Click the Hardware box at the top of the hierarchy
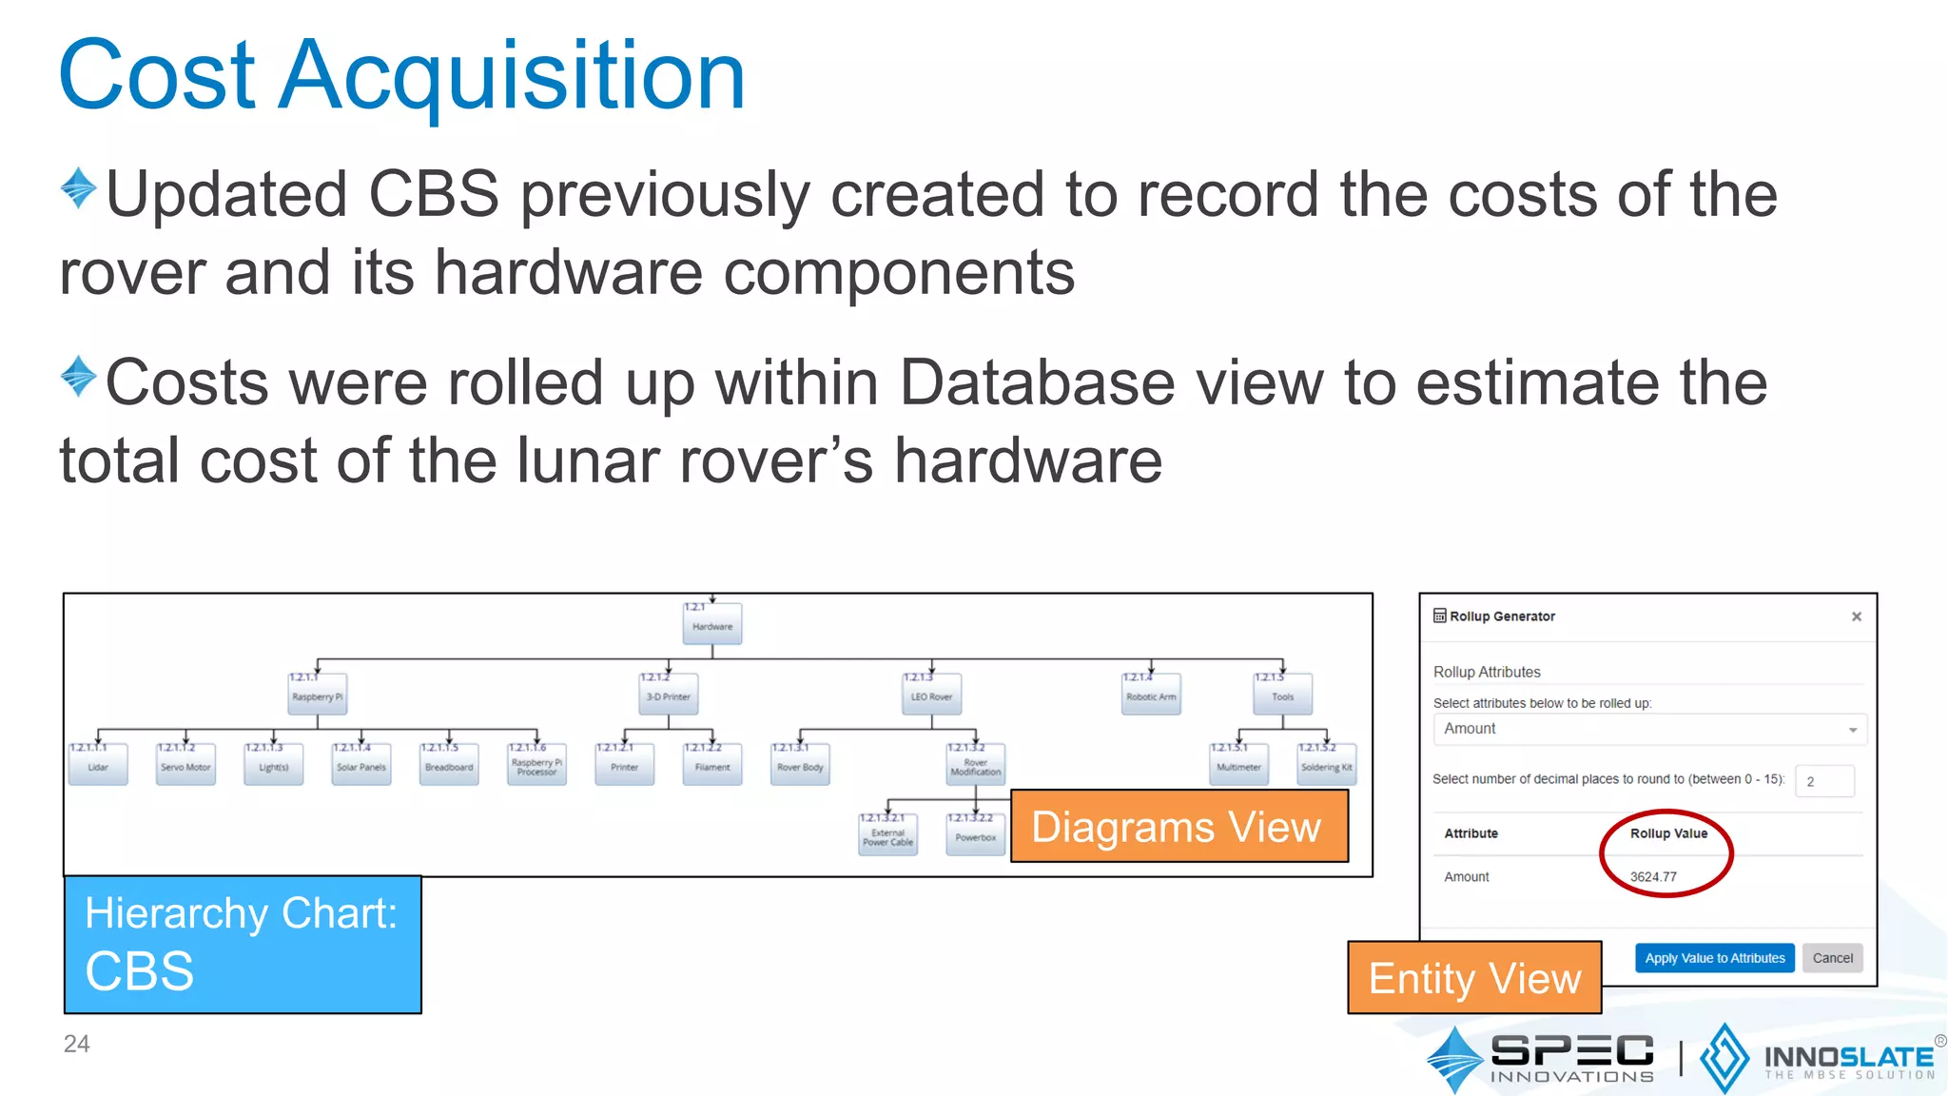712,625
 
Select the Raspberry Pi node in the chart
318,695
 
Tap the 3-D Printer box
669,695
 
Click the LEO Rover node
931,695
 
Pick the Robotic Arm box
1151,695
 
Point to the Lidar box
98,766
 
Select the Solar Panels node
361,766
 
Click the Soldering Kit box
1327,766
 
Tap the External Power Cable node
887,836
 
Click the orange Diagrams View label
1179,827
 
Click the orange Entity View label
1474,978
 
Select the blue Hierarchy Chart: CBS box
243,944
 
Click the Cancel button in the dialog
1832,958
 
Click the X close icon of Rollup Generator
1856,616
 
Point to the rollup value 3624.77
1653,877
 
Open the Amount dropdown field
1649,729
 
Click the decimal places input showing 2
1824,781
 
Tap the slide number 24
77,1044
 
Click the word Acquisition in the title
514,76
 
